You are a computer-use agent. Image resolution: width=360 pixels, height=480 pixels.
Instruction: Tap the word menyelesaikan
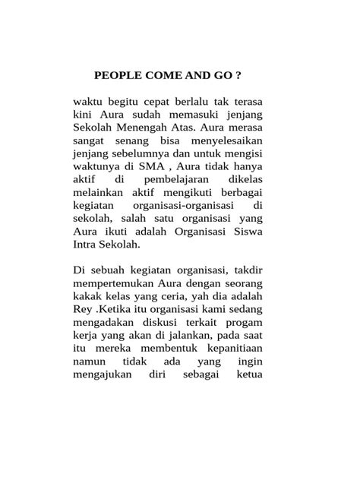[225, 143]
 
